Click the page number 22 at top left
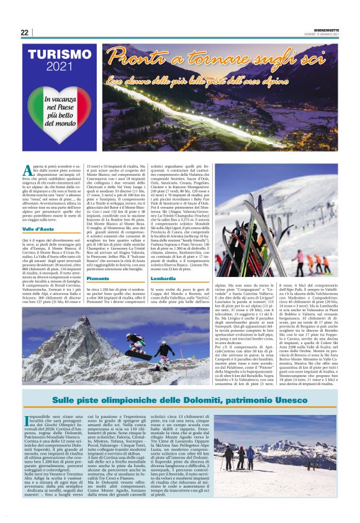pyautogui.click(x=24, y=32)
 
